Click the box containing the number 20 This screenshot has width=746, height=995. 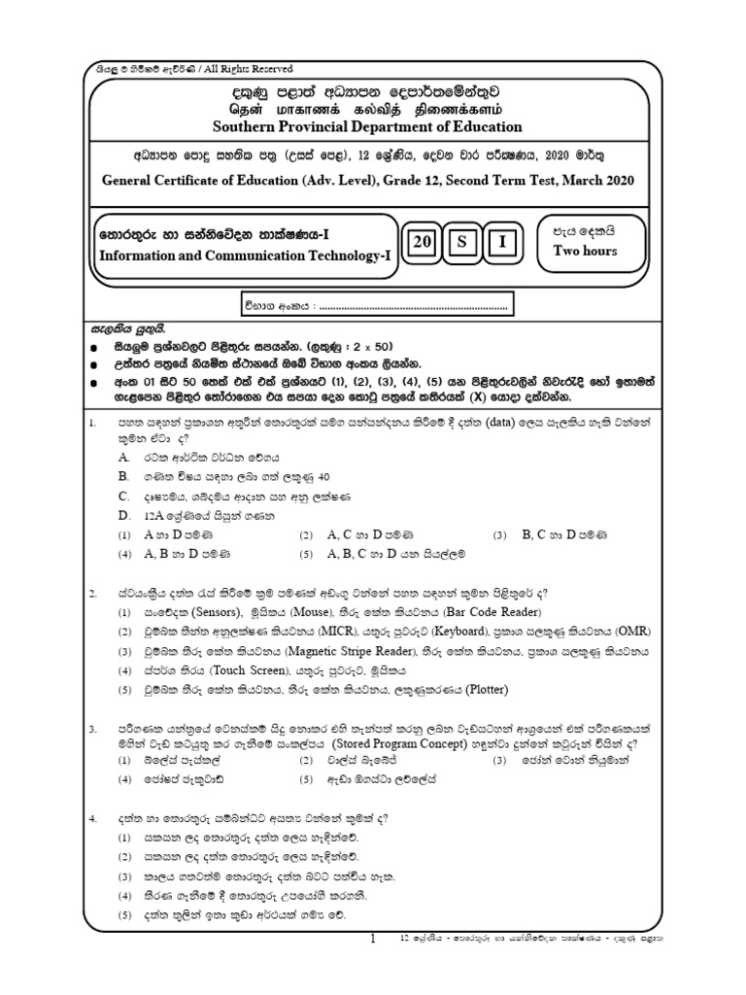(x=424, y=243)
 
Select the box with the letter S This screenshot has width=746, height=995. (x=464, y=243)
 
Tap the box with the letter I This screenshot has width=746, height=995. (x=504, y=243)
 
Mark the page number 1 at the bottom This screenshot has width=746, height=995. (x=372, y=939)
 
